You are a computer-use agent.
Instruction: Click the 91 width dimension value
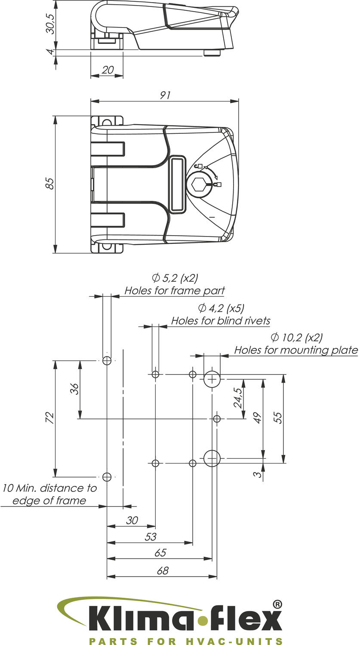(164, 95)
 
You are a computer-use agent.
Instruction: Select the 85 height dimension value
(50, 184)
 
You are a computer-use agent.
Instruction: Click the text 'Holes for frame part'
(175, 291)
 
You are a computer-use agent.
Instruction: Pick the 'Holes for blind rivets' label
(221, 321)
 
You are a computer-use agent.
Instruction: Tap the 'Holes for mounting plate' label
(296, 350)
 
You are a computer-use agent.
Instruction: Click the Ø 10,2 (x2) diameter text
(297, 337)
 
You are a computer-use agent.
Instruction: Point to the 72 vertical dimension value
(50, 418)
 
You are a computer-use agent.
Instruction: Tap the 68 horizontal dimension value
(163, 571)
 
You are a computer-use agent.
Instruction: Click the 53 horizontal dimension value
(151, 537)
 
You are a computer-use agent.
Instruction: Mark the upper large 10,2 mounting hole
(212, 379)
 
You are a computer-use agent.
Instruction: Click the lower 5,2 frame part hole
(107, 476)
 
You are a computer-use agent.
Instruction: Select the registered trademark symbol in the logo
(278, 604)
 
